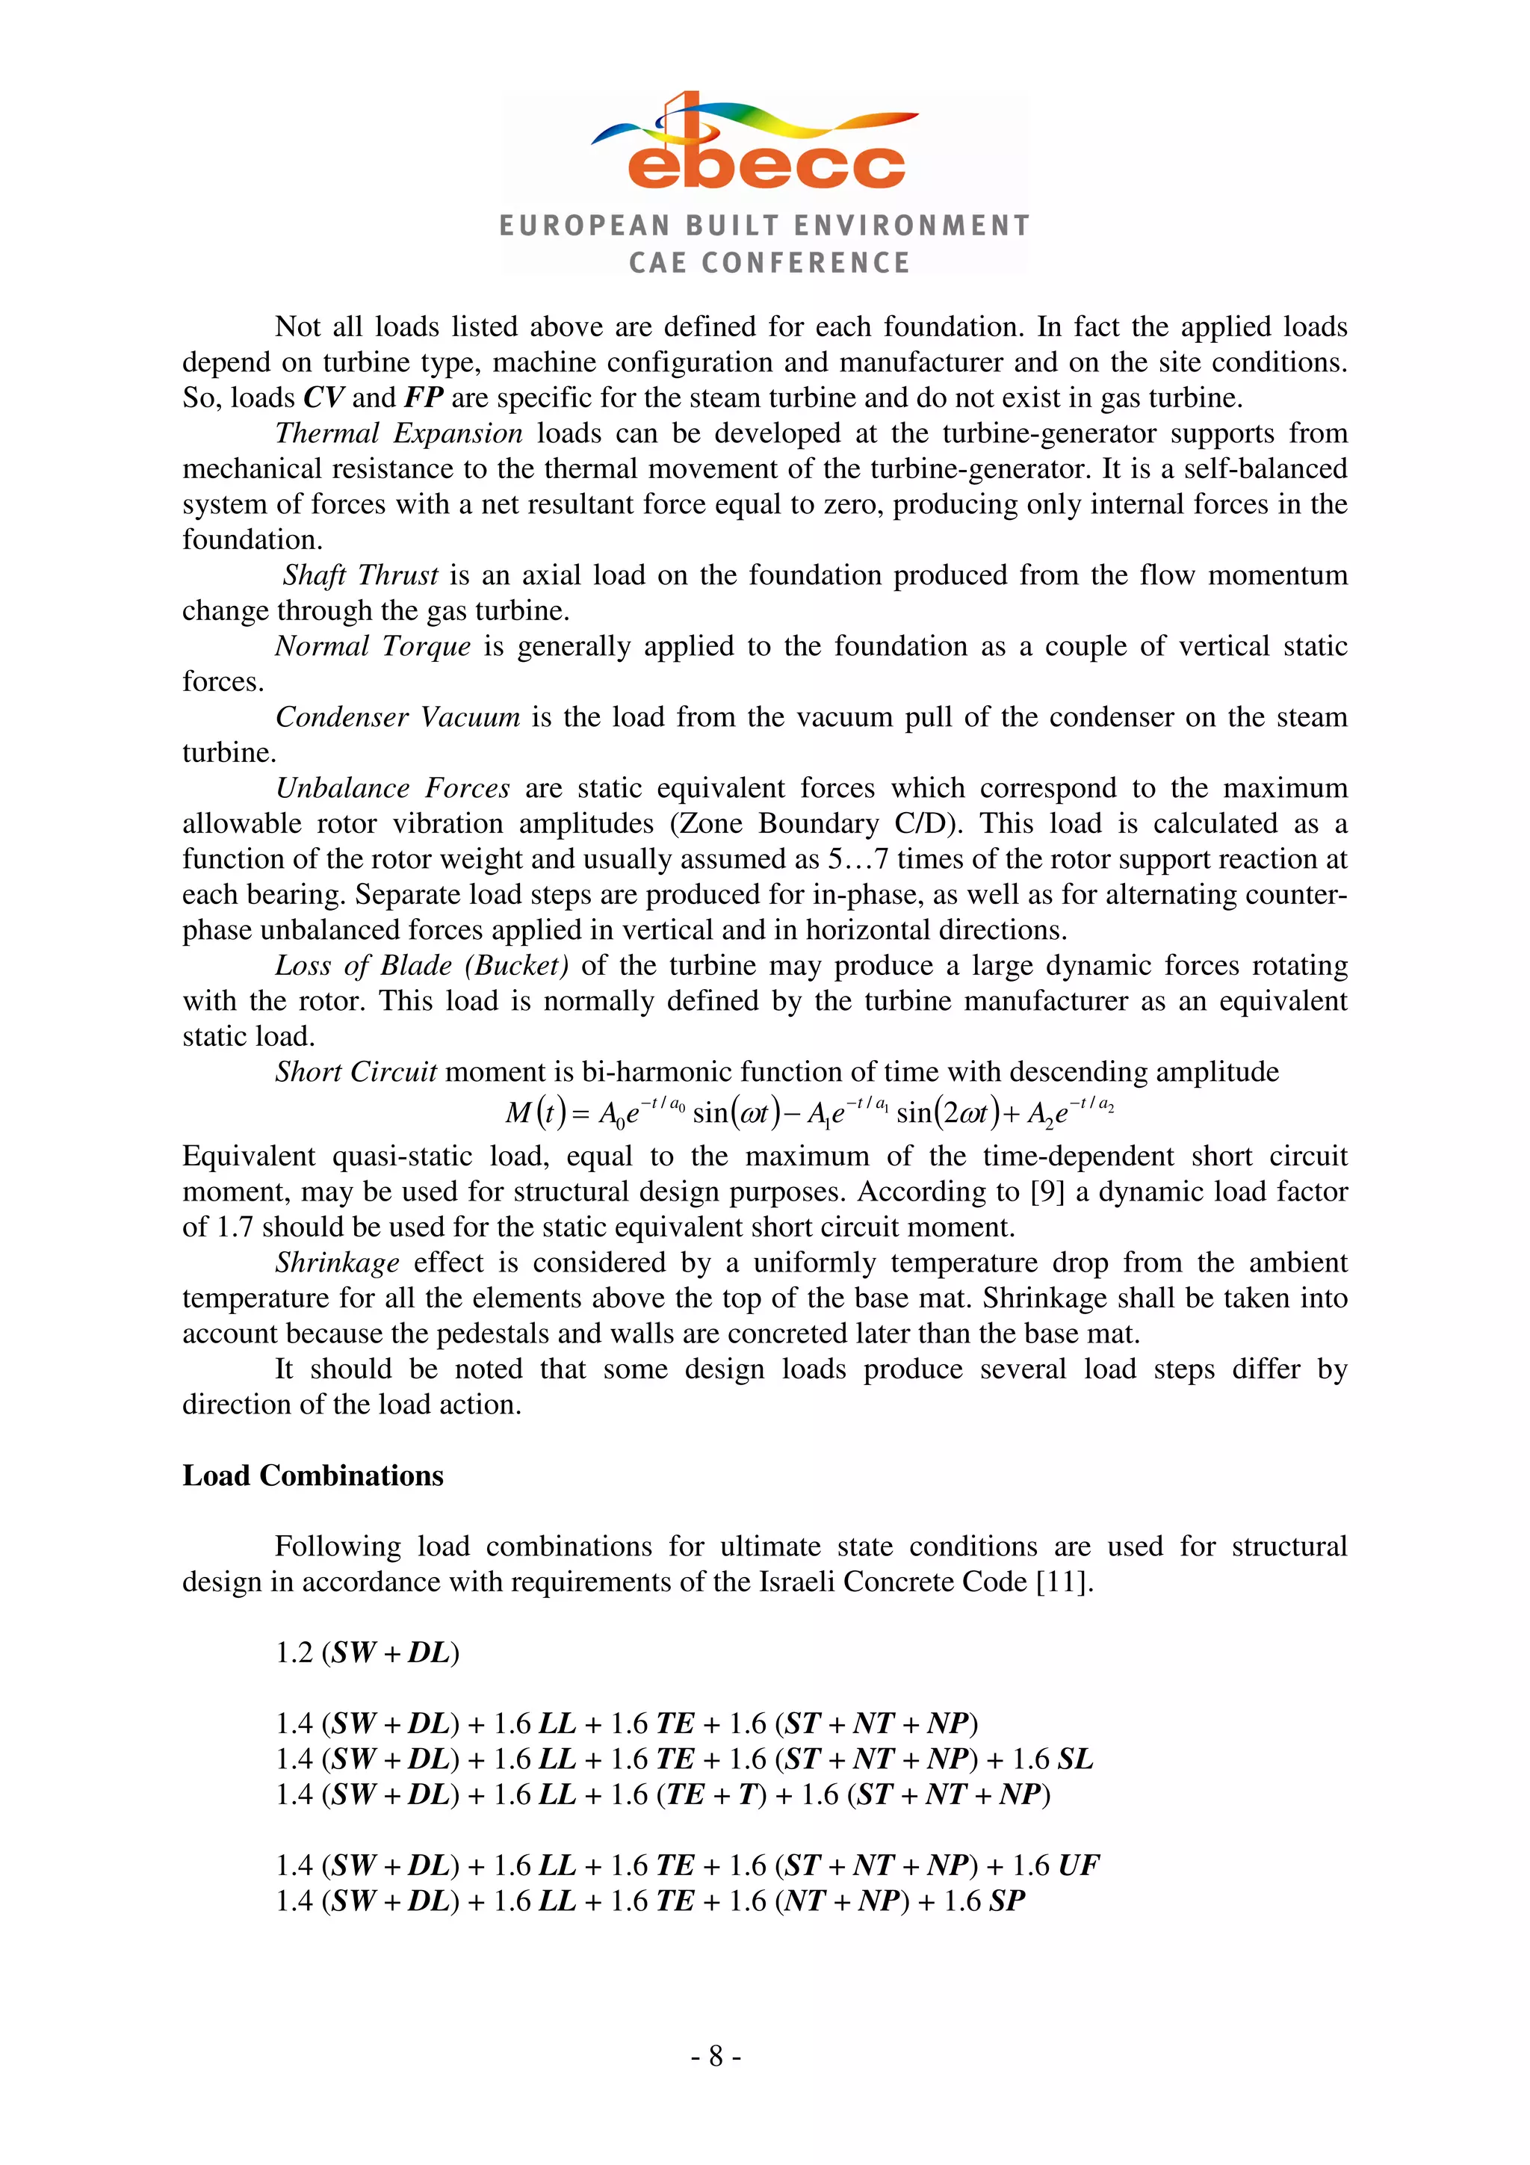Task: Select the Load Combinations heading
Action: coord(313,1475)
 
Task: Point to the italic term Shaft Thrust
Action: coord(360,574)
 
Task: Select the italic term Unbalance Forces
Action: coord(392,787)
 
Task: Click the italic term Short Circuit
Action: coord(356,1071)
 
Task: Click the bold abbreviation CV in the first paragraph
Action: coord(324,398)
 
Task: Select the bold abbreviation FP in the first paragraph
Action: coord(424,398)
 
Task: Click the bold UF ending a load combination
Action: coord(1079,1865)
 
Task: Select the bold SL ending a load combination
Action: coord(1076,1759)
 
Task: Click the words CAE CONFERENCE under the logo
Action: coord(769,262)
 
